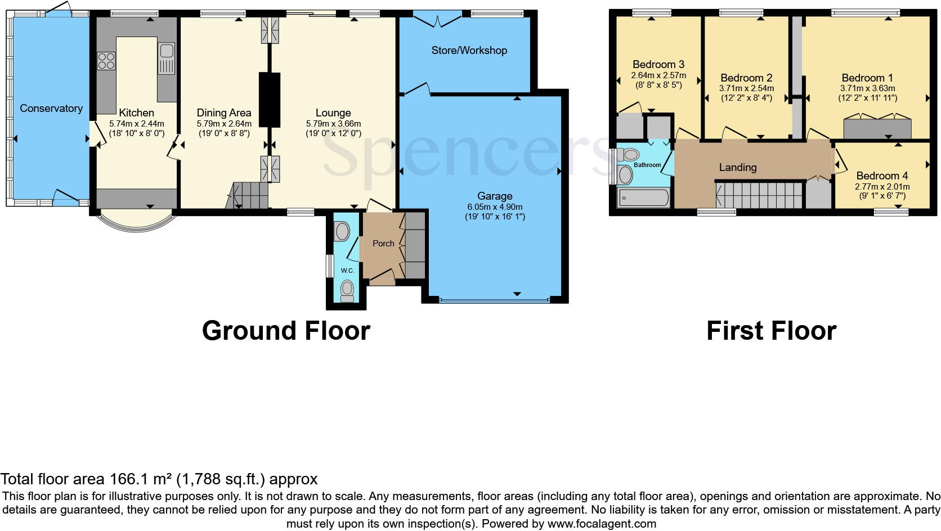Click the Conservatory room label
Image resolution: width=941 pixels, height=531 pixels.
click(51, 108)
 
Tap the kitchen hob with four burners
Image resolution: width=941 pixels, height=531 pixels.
click(106, 61)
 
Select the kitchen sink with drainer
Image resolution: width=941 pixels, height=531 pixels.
click(167, 58)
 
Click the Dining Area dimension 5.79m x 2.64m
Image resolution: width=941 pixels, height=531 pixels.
click(223, 123)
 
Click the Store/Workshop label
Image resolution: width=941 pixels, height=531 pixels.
click(469, 50)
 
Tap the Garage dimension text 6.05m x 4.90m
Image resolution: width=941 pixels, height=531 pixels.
click(495, 206)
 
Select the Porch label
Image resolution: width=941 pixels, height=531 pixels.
click(383, 243)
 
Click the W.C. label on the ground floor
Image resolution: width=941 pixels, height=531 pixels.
click(347, 271)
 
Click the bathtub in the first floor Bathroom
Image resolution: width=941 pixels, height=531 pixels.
click(643, 198)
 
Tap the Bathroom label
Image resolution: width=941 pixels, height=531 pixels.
click(647, 165)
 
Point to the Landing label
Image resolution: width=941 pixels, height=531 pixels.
click(737, 167)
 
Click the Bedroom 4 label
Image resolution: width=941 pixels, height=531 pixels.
click(881, 175)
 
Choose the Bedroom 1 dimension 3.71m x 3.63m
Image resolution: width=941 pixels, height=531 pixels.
click(867, 88)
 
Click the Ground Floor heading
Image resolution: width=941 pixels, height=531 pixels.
click(286, 330)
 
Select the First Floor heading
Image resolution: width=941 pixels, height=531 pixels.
click(771, 330)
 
